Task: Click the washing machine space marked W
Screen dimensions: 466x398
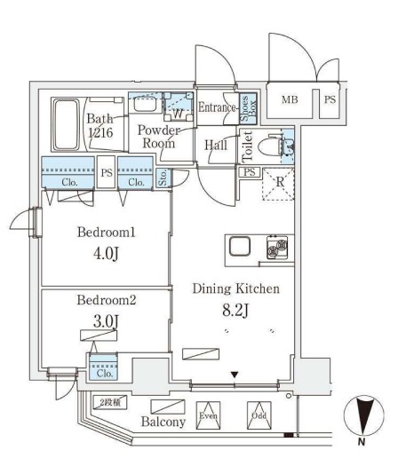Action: [x=179, y=113]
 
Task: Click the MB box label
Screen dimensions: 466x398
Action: [x=290, y=100]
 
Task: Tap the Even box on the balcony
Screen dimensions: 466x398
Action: [x=208, y=414]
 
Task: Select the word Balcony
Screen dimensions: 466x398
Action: [x=163, y=422]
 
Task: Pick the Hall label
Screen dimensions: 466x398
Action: [x=215, y=145]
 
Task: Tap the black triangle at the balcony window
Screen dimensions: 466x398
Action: [x=235, y=375]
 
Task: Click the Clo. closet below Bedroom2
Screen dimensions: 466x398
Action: [x=100, y=372]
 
